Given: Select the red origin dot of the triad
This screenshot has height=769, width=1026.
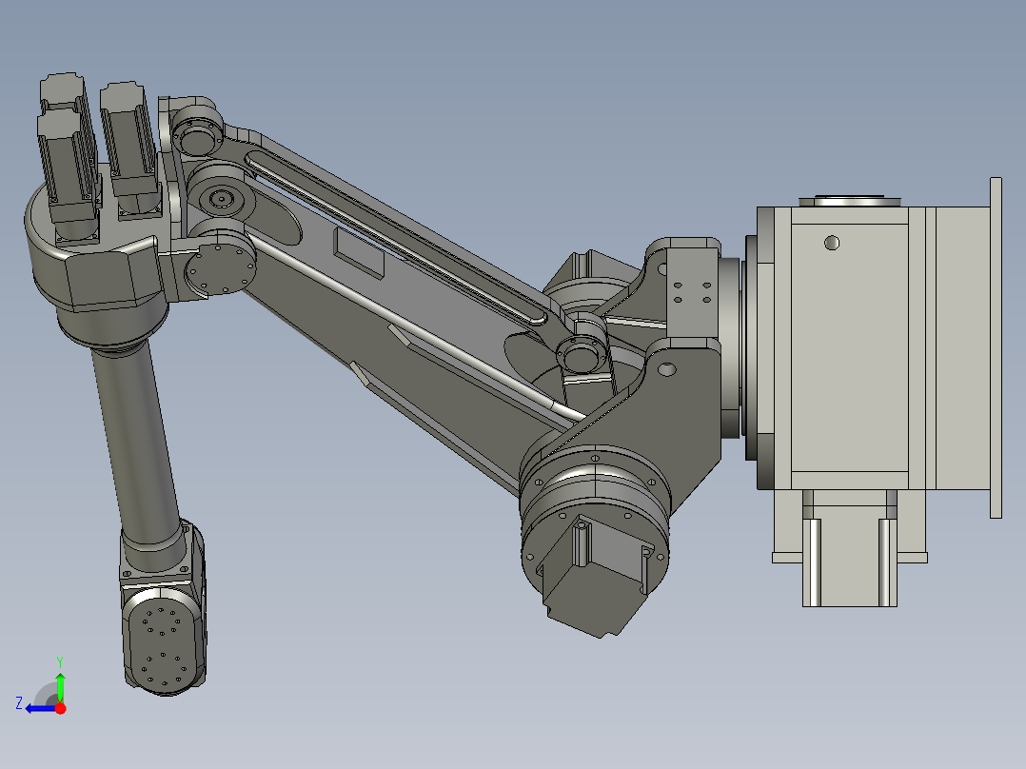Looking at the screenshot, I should (60, 708).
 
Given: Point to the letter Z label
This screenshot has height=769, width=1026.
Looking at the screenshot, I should (19, 703).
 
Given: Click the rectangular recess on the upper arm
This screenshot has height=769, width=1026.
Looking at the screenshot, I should (359, 253).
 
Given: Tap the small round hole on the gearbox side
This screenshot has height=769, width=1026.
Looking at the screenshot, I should (832, 243).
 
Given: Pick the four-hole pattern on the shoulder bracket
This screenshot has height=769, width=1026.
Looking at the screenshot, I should (691, 291).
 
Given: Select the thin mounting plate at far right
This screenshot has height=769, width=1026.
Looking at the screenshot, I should (996, 347).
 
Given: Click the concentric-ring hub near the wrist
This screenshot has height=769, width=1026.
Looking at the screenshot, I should (223, 199).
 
